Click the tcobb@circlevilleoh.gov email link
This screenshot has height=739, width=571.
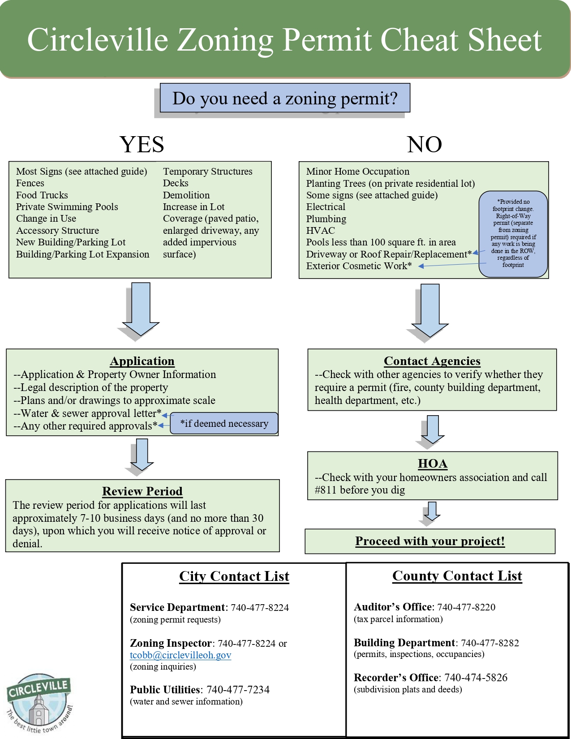pyautogui.click(x=180, y=655)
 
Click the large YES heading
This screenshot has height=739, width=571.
pyautogui.click(x=142, y=144)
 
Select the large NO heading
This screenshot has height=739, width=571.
pyautogui.click(x=424, y=144)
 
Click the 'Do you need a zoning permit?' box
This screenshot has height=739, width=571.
pyautogui.click(x=285, y=98)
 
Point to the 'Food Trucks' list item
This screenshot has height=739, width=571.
pyautogui.click(x=42, y=195)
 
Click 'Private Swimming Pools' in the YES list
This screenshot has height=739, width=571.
pyautogui.click(x=67, y=207)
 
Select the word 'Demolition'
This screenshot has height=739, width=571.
pyautogui.click(x=186, y=195)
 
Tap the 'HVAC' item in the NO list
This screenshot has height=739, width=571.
pyautogui.click(x=321, y=231)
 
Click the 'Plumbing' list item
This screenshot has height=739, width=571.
pyautogui.click(x=326, y=219)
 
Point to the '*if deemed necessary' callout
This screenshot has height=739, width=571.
pyautogui.click(x=224, y=423)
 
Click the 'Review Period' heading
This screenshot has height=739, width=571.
pyautogui.click(x=142, y=491)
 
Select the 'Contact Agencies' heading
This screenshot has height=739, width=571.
pyautogui.click(x=432, y=361)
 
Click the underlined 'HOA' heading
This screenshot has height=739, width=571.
pyautogui.click(x=433, y=464)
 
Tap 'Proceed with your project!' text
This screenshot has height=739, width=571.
pyautogui.click(x=430, y=541)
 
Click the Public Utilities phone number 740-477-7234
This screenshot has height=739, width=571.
pyautogui.click(x=238, y=690)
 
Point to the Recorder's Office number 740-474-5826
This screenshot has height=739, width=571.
pyautogui.click(x=476, y=678)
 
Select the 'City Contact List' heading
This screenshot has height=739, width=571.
pyautogui.click(x=234, y=576)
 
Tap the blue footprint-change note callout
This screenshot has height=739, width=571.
pyautogui.click(x=513, y=233)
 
